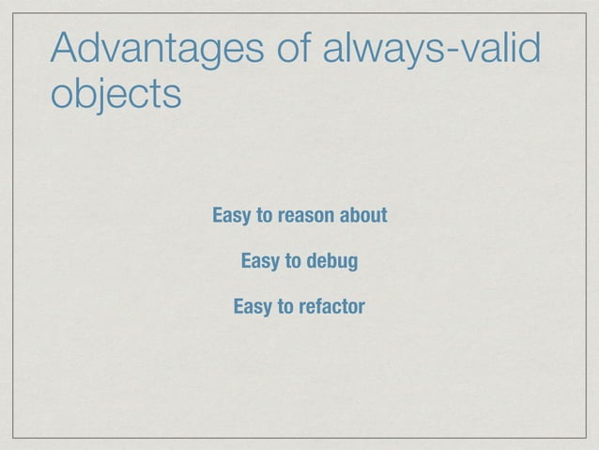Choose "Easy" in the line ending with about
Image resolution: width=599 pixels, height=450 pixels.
[x=232, y=217]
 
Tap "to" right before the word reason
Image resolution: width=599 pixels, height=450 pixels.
[x=265, y=217]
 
